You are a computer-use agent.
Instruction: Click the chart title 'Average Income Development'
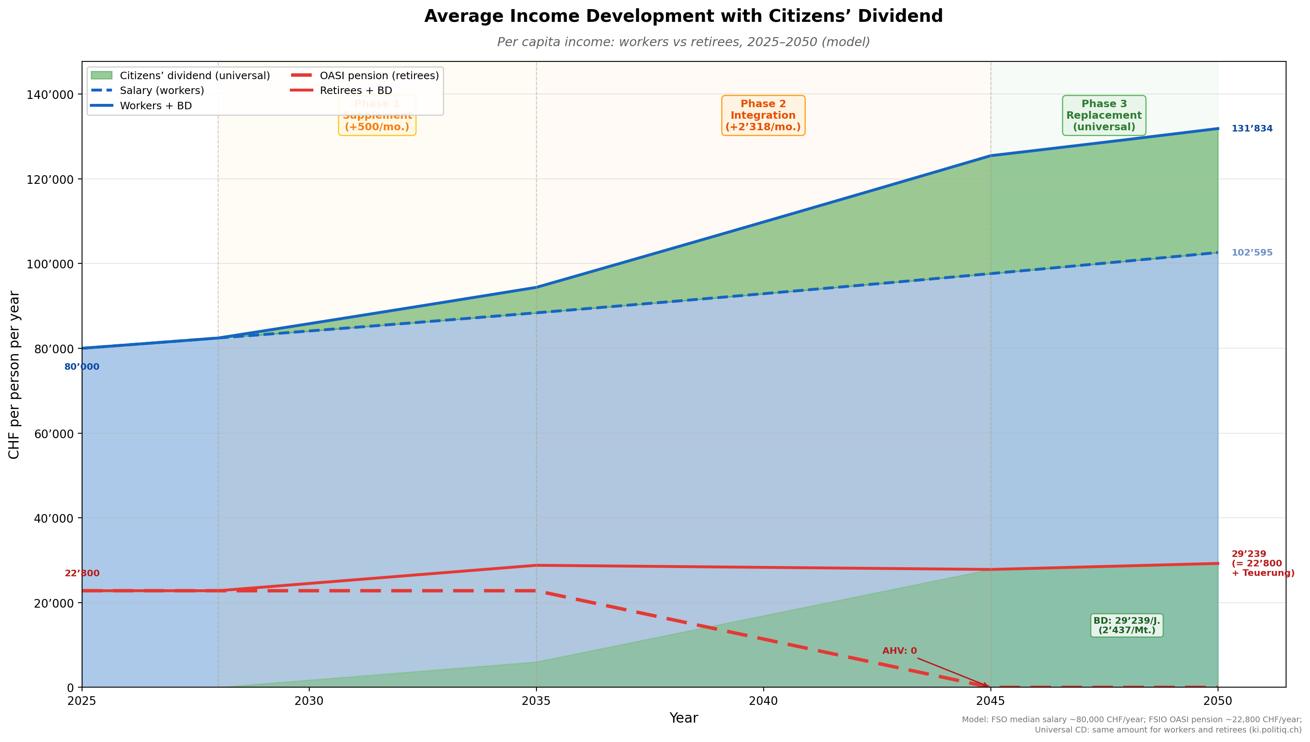(683, 16)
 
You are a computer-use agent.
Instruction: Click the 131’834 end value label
(1251, 129)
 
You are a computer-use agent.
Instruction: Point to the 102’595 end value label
(1251, 253)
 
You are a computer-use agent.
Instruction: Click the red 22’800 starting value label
(82, 573)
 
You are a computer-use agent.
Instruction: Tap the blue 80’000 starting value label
(82, 367)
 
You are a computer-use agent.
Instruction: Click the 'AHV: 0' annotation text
(899, 651)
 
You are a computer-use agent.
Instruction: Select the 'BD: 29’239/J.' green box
(1127, 625)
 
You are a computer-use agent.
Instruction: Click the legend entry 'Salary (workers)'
(162, 91)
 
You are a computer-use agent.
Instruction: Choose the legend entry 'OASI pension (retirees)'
(379, 76)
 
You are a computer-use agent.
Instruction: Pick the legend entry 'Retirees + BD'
(356, 91)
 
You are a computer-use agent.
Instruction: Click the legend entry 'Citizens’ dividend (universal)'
(195, 76)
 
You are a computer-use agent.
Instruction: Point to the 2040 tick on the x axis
(763, 701)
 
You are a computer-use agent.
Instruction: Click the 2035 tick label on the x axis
(536, 701)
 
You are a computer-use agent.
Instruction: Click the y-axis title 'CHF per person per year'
(14, 375)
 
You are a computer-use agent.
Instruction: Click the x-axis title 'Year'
(683, 718)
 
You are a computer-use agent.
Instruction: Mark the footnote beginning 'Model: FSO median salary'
(1131, 725)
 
